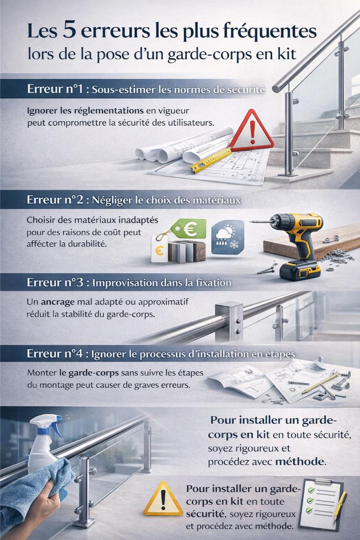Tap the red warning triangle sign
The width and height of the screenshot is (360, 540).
tap(252, 131)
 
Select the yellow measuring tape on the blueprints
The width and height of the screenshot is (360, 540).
tap(211, 160)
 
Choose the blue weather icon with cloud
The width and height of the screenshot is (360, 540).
tap(227, 237)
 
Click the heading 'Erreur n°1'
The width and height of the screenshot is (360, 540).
tap(55, 89)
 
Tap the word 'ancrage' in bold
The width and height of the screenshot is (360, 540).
tap(57, 302)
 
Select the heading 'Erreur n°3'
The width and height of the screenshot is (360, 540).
tap(55, 282)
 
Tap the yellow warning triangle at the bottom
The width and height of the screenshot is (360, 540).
tap(163, 499)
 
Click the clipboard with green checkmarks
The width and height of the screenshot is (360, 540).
tap(320, 504)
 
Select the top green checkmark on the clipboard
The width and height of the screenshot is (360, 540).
tap(311, 490)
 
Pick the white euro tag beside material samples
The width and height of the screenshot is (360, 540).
tap(159, 249)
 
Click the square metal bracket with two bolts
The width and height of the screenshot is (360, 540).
tap(229, 321)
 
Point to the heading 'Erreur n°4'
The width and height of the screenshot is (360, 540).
tap(55, 354)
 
